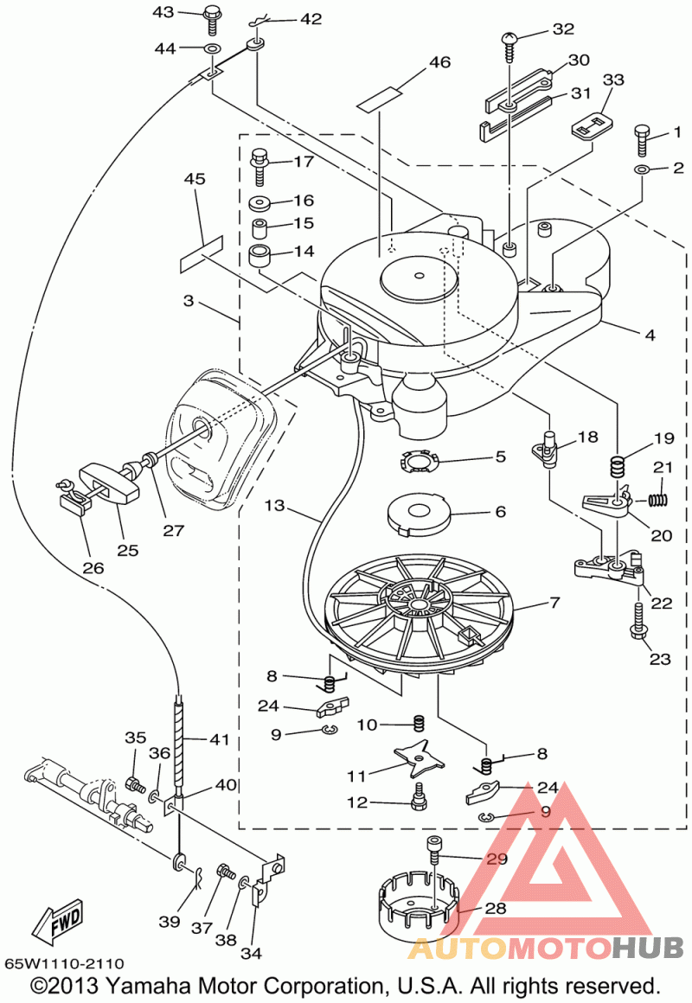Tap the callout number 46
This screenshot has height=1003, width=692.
[x=439, y=62]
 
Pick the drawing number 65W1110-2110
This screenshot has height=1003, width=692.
[x=64, y=962]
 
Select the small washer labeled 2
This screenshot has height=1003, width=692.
[x=642, y=169]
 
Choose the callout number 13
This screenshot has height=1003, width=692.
[x=274, y=505]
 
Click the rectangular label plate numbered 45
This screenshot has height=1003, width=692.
[x=202, y=254]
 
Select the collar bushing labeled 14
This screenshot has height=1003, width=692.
[x=259, y=257]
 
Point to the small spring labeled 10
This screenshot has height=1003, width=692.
[x=419, y=724]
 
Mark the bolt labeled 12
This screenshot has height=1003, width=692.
[x=420, y=797]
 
